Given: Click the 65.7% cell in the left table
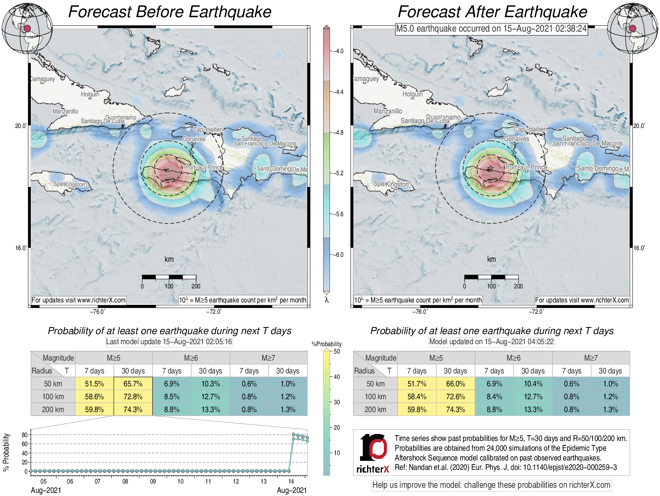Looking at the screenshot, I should click(133, 384).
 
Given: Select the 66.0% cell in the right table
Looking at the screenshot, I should click(455, 384).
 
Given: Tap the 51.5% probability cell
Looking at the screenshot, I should click(94, 384).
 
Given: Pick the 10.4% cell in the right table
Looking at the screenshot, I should click(533, 384).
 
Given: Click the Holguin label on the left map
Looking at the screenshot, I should click(90, 94).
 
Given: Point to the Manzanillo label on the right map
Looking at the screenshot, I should click(388, 111).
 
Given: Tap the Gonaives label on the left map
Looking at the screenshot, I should click(194, 139).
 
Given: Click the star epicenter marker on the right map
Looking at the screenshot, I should click(490, 169).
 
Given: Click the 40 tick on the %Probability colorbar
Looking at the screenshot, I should click(337, 377).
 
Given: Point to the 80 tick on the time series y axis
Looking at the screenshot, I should click(25, 435).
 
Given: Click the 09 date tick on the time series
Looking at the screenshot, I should click(153, 481).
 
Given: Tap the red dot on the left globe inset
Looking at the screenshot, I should click(27, 28).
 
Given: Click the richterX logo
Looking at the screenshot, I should click(373, 453).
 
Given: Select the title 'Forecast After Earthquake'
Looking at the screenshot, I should click(492, 12).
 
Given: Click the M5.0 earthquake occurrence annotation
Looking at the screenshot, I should click(491, 28).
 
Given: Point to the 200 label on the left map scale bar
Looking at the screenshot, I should click(196, 286).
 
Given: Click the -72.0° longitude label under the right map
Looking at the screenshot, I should click(536, 311).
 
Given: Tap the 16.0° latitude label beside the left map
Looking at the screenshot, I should click(21, 248).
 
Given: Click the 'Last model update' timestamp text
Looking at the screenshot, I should click(169, 342).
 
